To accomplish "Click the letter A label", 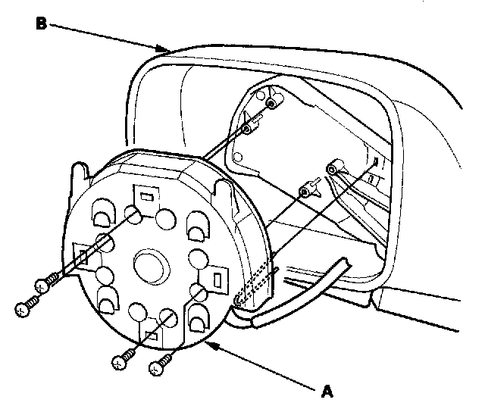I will pyautogui.click(x=327, y=391).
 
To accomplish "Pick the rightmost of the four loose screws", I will pyautogui.click(x=158, y=368).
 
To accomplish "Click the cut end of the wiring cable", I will pyautogui.click(x=346, y=262).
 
